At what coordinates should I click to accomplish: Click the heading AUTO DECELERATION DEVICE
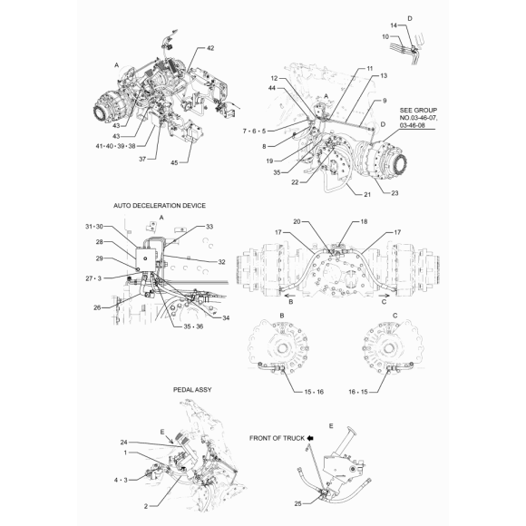[160, 205]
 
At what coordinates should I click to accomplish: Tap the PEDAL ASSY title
[192, 389]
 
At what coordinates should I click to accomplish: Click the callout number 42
[210, 48]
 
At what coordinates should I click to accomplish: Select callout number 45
[174, 162]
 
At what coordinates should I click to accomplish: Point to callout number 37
[142, 159]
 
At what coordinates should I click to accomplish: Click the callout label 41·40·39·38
[116, 146]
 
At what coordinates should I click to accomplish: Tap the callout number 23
[394, 193]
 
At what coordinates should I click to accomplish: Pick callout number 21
[367, 194]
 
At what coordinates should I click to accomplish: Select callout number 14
[394, 25]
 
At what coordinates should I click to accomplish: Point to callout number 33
[209, 227]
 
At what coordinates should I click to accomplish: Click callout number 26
[97, 307]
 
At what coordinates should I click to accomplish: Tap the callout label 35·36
[193, 326]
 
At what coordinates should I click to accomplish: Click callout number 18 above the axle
[364, 221]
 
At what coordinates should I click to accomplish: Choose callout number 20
[297, 221]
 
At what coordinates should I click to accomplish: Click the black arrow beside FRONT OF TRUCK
[310, 438]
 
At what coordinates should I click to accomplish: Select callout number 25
[298, 503]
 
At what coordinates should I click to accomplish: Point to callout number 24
[123, 443]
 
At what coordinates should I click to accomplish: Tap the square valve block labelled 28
[146, 258]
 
